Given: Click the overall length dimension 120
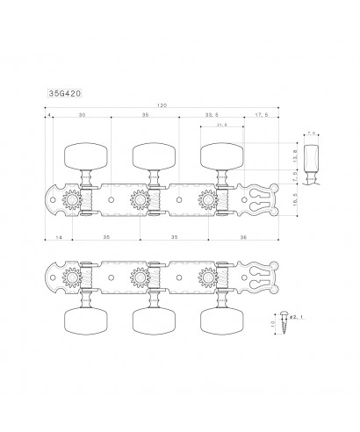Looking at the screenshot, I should click(x=161, y=104).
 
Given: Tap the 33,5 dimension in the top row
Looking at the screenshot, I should click(x=209, y=114).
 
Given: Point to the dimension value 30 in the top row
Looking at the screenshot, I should click(x=82, y=114).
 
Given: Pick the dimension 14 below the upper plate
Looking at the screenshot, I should click(x=57, y=238).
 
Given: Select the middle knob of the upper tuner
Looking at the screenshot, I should click(x=150, y=156).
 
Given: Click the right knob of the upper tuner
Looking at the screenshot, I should click(x=219, y=156).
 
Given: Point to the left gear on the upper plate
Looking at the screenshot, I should click(x=71, y=199).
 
